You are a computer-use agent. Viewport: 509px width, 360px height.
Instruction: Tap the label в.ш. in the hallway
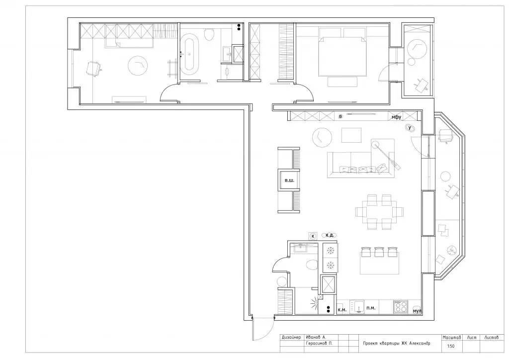(x=289, y=180)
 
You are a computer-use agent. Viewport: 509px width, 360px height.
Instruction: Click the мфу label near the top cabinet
(x=396, y=117)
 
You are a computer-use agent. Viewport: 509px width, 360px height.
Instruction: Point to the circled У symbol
(x=410, y=128)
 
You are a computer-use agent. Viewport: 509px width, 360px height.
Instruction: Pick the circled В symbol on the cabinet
(x=340, y=116)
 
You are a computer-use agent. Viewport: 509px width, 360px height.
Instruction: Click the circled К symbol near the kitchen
(x=313, y=236)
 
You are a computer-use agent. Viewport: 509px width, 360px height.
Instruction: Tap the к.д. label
(x=330, y=235)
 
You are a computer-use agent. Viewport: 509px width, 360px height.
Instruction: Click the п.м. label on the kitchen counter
(x=371, y=307)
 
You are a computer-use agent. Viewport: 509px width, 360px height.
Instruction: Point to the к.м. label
(x=342, y=310)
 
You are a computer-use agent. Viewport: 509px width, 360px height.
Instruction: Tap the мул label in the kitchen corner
(x=417, y=311)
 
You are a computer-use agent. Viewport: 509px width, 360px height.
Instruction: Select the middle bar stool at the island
(x=379, y=252)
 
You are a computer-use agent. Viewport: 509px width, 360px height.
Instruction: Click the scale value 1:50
(x=451, y=346)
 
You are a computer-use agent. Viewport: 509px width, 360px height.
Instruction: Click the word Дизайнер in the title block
(x=292, y=337)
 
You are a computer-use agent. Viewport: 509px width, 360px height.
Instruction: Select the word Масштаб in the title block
(x=451, y=338)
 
